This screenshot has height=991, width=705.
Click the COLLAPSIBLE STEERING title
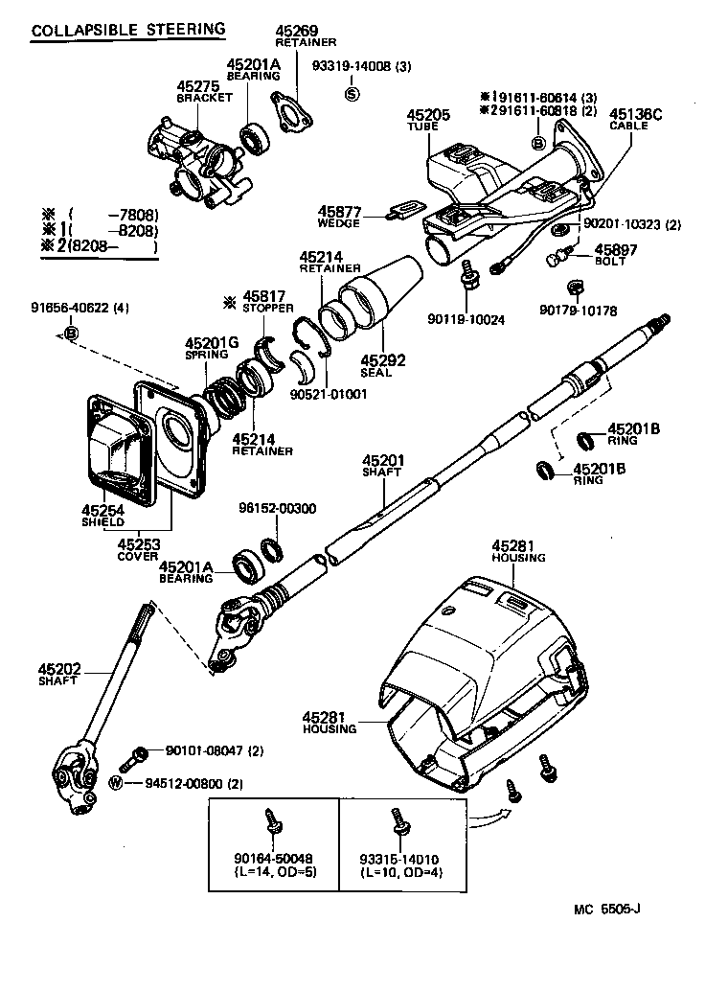click(x=128, y=30)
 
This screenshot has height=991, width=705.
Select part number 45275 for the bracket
click(x=197, y=86)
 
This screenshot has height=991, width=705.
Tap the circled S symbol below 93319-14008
click(x=352, y=93)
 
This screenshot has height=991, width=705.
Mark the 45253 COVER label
click(x=138, y=549)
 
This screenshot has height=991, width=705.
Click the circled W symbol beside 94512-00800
click(x=117, y=783)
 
